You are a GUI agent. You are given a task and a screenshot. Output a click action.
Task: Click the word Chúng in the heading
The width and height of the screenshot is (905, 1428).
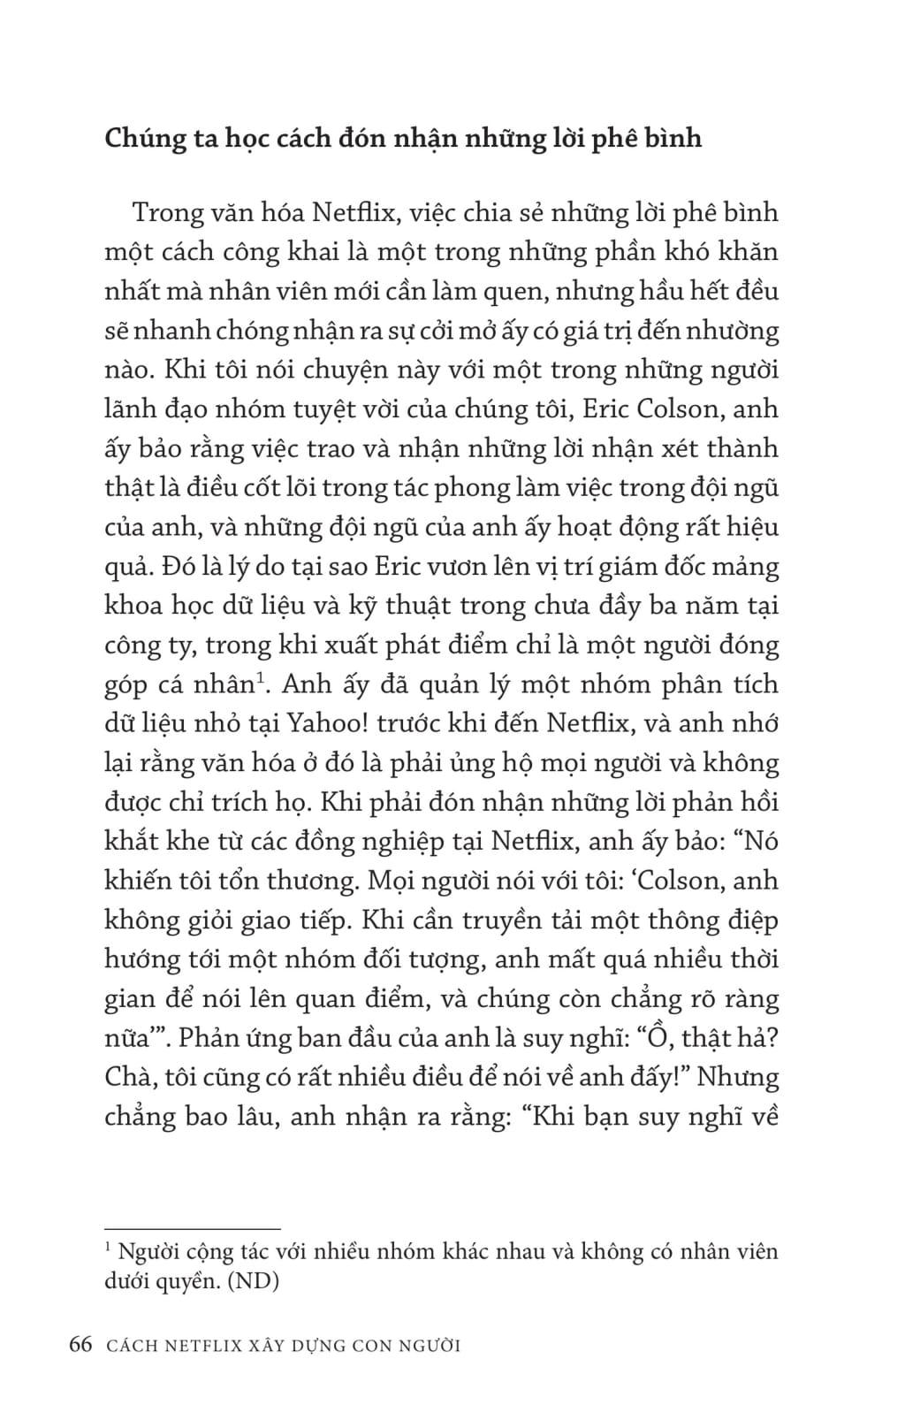coord(141,139)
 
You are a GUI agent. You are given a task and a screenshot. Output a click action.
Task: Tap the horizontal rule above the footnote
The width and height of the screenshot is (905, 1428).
coord(192,1228)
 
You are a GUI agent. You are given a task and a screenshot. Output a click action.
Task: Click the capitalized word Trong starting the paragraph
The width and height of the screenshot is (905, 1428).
coord(169,213)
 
